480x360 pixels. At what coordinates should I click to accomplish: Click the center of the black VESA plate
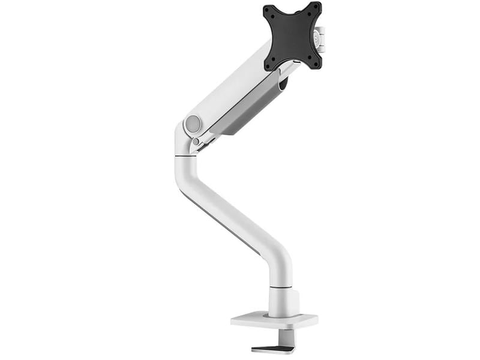292,36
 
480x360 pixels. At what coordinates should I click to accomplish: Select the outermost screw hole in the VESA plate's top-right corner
316,7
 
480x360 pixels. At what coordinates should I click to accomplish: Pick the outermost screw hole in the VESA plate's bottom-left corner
269,65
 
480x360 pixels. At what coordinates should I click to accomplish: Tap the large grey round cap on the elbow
193,124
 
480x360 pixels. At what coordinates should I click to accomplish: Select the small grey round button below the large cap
196,142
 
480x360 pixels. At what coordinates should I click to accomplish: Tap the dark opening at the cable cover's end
283,83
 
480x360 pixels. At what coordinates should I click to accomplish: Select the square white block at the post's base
283,302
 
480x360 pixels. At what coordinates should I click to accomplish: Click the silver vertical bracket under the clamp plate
290,338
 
